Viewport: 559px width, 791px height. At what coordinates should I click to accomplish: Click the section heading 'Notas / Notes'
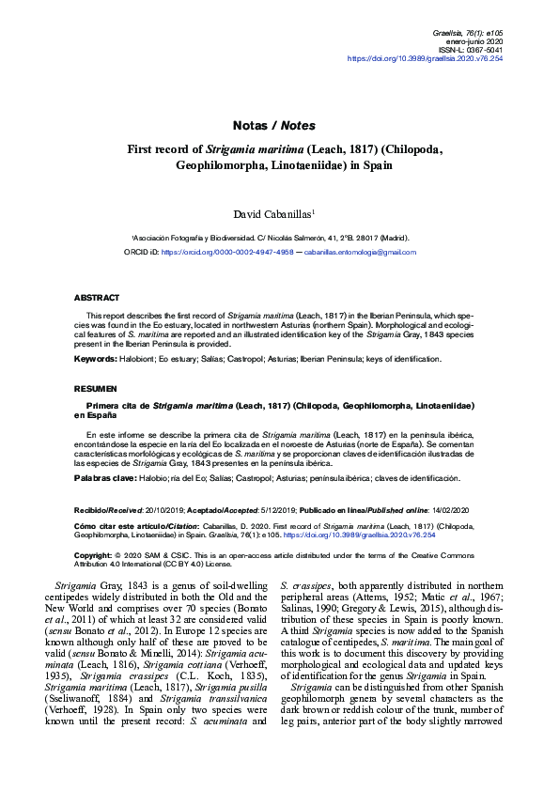(x=273, y=125)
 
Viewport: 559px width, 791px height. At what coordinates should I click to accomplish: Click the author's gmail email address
(x=360, y=253)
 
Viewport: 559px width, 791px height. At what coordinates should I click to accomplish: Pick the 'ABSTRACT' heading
(x=97, y=297)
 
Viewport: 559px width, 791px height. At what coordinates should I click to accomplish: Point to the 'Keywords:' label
(x=98, y=360)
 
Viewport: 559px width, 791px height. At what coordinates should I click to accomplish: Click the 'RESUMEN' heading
(x=96, y=387)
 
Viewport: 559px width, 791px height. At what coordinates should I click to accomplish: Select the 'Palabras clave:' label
(x=106, y=478)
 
